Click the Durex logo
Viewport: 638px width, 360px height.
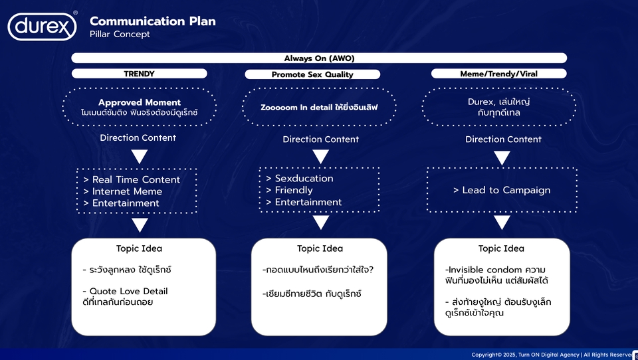tap(42, 27)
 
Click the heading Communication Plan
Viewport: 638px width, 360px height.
tap(152, 21)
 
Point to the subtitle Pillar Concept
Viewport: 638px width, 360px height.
tap(120, 35)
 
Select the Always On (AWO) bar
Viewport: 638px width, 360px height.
tap(319, 58)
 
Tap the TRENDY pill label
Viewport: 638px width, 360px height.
tap(138, 74)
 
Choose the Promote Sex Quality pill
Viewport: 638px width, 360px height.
tap(312, 75)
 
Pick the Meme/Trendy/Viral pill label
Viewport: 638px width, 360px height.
tap(498, 74)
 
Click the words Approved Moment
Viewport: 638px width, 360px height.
tap(140, 102)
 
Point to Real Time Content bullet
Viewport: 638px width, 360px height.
tap(136, 179)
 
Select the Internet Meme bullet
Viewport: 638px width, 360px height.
tap(127, 191)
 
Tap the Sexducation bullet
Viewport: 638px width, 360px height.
tap(304, 178)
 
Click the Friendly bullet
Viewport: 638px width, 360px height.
tap(293, 190)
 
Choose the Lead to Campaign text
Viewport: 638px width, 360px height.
tap(502, 190)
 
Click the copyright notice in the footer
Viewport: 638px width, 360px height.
tap(552, 355)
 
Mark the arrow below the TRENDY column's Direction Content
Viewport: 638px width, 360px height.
tap(139, 157)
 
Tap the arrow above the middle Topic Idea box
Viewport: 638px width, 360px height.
tap(321, 223)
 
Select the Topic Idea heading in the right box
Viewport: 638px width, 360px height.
tap(501, 248)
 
